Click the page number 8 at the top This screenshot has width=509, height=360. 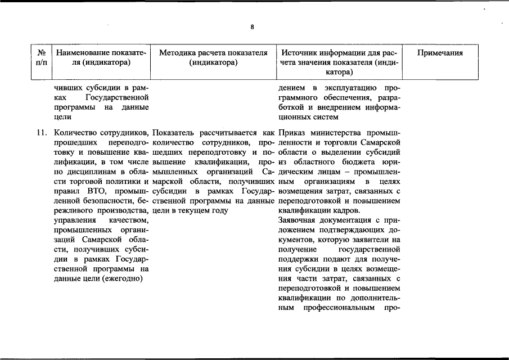pyautogui.click(x=253, y=26)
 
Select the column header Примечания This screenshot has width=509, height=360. pyautogui.click(x=440, y=53)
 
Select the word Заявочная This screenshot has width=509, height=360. pyautogui.click(x=299, y=220)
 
